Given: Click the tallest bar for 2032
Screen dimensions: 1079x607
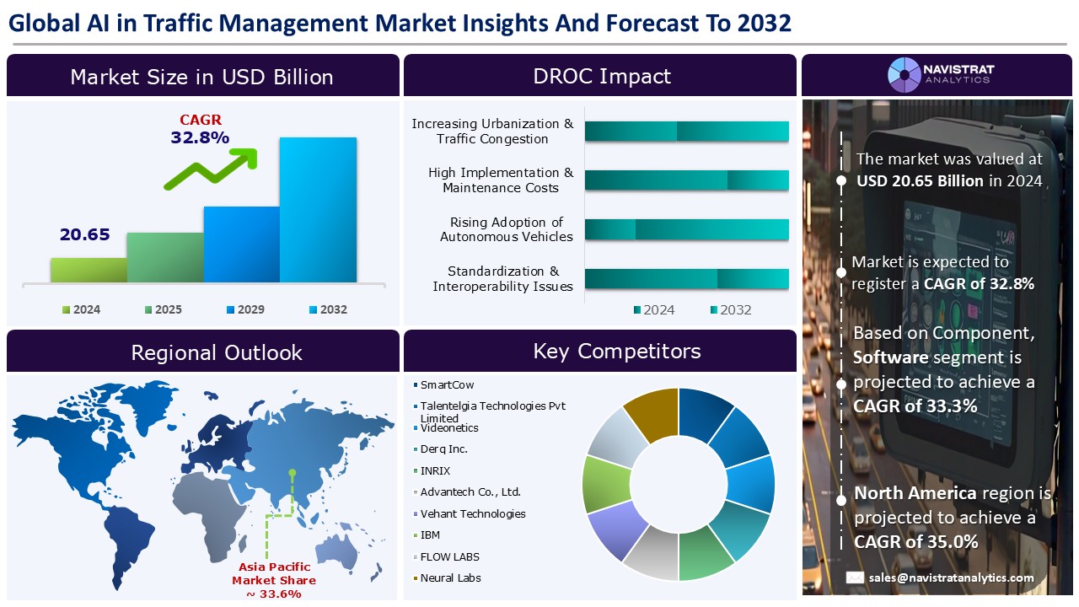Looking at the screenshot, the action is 318,210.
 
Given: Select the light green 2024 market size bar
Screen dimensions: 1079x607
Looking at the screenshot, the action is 89,270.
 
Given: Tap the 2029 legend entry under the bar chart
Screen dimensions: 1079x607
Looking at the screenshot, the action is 245,309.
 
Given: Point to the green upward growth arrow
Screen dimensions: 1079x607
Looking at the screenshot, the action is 211,168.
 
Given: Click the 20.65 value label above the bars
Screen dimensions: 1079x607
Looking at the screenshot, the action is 85,234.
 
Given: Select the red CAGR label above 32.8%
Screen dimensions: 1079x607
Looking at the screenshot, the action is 201,120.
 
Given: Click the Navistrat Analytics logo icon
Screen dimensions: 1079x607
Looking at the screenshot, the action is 905,75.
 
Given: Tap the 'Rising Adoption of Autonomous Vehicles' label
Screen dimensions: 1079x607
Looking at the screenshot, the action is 507,229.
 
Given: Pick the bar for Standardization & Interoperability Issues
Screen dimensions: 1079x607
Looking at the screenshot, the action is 686,279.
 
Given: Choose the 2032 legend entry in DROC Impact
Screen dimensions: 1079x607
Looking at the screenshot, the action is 731,309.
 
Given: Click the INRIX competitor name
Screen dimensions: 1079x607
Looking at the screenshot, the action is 435,470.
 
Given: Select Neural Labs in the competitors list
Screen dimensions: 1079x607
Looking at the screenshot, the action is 450,577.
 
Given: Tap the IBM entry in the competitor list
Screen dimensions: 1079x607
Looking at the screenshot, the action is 430,534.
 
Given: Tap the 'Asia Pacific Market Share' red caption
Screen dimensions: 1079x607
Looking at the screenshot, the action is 274,573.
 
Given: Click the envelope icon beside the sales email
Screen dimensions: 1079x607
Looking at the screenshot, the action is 855,577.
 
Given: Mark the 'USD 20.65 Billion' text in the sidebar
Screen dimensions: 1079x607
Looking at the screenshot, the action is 920,181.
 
